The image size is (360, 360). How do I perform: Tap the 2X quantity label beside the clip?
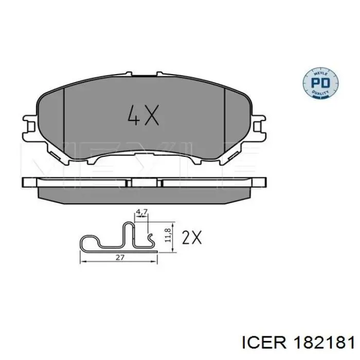pyautogui.click(x=192, y=237)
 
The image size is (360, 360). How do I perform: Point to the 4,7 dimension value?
pyautogui.click(x=141, y=211)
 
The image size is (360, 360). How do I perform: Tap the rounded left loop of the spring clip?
pyautogui.click(x=87, y=242)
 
